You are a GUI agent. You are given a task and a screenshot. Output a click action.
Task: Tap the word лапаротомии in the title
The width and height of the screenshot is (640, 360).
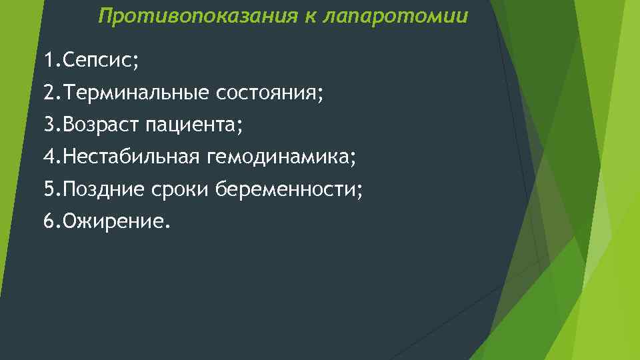(x=395, y=16)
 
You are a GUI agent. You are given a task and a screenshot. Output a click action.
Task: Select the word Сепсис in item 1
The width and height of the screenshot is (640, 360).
(x=99, y=61)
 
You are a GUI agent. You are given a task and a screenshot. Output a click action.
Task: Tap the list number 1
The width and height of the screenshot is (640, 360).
(x=48, y=61)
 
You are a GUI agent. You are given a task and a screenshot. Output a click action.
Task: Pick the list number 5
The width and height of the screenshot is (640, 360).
(x=48, y=190)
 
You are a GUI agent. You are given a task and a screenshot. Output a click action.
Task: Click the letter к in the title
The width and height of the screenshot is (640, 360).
(x=311, y=16)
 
